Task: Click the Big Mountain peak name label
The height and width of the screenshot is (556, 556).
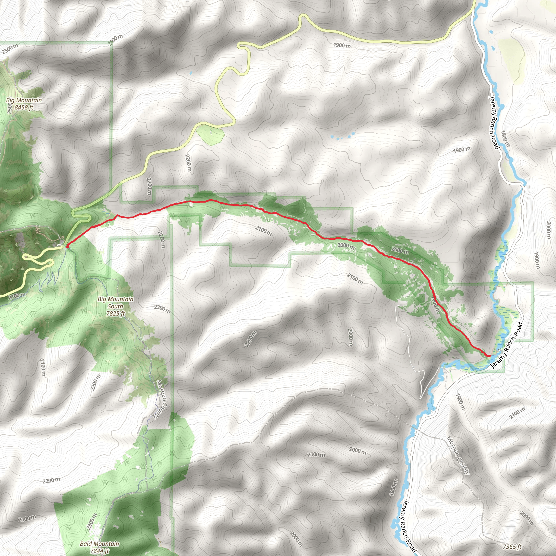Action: [24, 100]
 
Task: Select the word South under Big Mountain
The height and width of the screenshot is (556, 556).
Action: [115, 306]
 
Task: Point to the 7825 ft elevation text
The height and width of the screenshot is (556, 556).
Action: [115, 313]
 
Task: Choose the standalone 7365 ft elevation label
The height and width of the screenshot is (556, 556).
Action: [512, 546]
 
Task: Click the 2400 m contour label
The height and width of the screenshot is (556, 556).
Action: [115, 40]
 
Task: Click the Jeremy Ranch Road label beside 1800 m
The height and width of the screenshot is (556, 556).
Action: [494, 123]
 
